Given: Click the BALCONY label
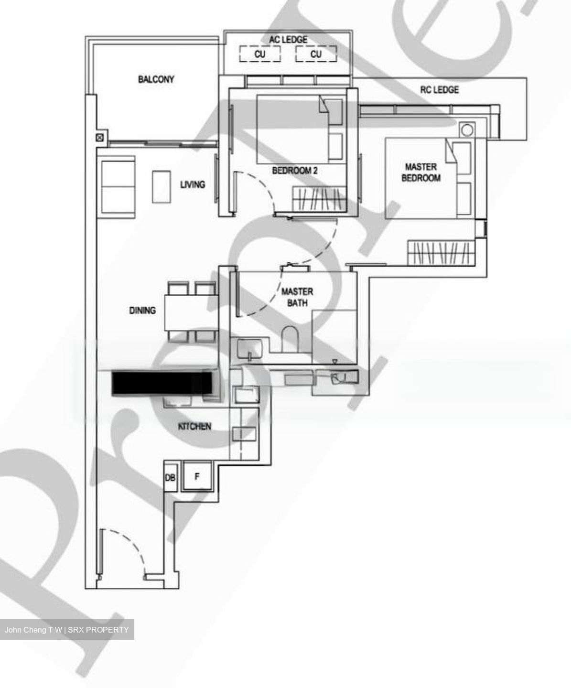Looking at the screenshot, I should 156,79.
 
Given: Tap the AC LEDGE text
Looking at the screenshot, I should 288,40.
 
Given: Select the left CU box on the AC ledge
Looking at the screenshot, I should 259,54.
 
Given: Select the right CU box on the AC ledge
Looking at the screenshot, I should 316,54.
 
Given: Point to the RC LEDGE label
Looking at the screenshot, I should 439,89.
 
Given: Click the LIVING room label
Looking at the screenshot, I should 192,184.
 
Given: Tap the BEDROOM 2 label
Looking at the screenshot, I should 294,170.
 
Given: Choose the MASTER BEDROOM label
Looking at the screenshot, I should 420,172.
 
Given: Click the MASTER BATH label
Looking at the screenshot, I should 297,297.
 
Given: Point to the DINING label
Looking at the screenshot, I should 142,311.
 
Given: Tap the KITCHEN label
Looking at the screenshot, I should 194,426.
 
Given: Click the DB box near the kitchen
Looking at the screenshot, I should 170,477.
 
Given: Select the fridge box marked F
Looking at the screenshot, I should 196,476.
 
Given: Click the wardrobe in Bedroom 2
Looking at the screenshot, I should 318,198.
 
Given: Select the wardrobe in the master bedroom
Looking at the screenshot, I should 441,252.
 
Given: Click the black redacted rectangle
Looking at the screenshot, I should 162,383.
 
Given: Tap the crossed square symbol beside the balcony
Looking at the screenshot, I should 100,139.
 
